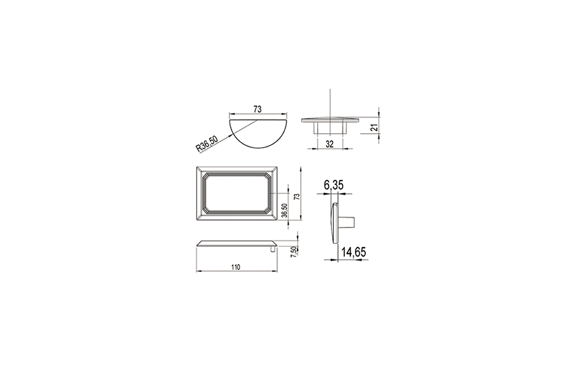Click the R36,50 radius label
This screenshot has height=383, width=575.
(207, 144)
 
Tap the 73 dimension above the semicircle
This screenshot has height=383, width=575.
(257, 109)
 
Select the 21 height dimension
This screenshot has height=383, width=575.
(375, 128)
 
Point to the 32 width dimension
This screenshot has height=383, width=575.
(330, 145)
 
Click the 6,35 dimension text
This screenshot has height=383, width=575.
(334, 185)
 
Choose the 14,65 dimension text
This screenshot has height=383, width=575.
(354, 252)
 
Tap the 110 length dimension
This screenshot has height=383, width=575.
(236, 267)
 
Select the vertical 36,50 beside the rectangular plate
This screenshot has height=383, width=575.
(284, 210)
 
